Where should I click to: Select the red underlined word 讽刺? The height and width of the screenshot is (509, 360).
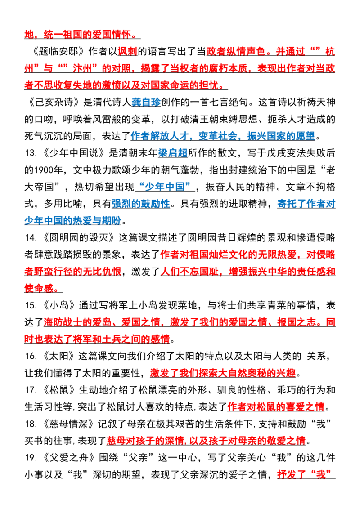[x=127, y=51]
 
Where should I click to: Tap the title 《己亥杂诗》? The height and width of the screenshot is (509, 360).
[x=53, y=102]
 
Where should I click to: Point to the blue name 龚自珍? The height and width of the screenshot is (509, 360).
[x=146, y=102]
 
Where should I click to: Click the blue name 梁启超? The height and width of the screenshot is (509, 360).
[x=173, y=153]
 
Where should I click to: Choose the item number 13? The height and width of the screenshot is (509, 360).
[x=30, y=153]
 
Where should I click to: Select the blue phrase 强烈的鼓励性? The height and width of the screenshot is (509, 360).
[x=141, y=204]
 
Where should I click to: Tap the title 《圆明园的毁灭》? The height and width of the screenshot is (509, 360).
[x=77, y=237]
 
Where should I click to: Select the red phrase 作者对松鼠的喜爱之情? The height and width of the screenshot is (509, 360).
[x=276, y=407]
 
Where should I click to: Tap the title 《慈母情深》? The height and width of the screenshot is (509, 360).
[x=68, y=424]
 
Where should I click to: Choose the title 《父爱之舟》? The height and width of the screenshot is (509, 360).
[x=68, y=458]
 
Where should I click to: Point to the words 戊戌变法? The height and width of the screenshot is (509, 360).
[x=287, y=153]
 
